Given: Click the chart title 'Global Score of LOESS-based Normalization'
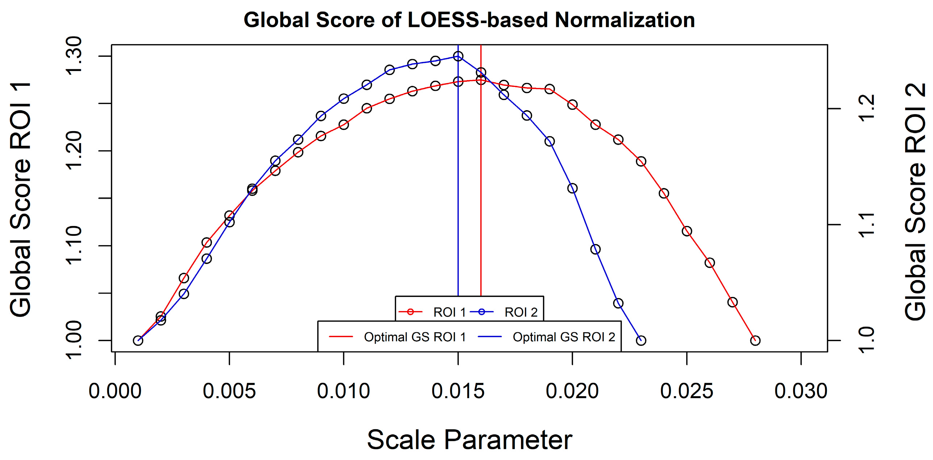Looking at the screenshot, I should point(469,20).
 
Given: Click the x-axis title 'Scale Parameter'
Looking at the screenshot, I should point(470,440).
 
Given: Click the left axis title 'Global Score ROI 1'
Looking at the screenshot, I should point(21,199).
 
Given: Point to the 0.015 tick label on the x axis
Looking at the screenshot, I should point(458,392).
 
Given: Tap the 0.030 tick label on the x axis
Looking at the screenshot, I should point(801,392).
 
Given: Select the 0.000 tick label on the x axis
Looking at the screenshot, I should point(115,392).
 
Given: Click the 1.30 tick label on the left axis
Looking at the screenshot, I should point(74,56).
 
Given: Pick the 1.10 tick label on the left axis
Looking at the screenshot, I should point(74,246).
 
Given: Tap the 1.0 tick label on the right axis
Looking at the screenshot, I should point(867,340).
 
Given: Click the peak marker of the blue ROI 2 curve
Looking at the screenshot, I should point(458,56).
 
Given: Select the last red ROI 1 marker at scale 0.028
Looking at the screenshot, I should point(755,340).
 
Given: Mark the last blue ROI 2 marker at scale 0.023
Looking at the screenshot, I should point(641,340).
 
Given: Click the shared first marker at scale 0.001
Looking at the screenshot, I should point(138,340).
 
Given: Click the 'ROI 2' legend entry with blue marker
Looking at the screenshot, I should point(504,312).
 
